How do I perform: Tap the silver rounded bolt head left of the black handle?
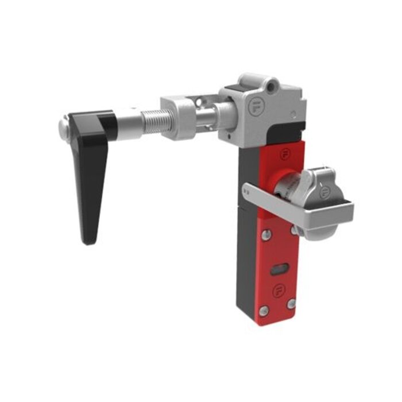click(x=64, y=123)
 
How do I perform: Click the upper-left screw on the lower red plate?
click(x=265, y=234)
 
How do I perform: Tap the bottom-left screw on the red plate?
click(x=263, y=311)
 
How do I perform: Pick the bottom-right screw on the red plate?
click(x=292, y=303)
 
